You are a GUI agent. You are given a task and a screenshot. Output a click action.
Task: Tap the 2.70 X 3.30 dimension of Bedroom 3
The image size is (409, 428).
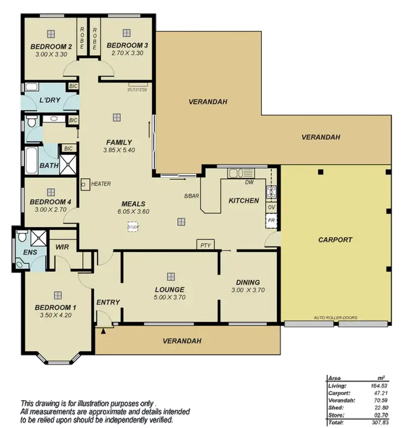tap(125, 53)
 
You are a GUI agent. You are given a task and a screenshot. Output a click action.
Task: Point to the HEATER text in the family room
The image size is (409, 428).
tap(101, 184)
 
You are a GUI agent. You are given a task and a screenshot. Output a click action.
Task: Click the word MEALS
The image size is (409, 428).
tap(133, 203)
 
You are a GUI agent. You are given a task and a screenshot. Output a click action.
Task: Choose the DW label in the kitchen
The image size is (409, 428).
tap(249, 182)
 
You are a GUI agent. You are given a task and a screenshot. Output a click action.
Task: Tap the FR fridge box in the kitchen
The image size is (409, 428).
tap(271, 220)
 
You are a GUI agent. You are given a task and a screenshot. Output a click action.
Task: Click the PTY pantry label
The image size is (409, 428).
tap(205, 245)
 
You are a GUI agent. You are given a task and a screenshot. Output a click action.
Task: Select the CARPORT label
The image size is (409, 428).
tap(335, 239)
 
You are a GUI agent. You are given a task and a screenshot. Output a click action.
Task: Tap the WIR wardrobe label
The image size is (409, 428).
tap(62, 246)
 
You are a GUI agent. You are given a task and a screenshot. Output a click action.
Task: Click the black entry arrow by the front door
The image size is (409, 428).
tap(103, 330)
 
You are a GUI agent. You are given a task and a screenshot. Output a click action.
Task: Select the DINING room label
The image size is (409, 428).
tap(248, 282)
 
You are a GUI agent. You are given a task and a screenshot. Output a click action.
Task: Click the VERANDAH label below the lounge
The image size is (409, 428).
tap(182, 341)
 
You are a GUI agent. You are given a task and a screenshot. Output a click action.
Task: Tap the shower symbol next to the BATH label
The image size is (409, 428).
tap(69, 162)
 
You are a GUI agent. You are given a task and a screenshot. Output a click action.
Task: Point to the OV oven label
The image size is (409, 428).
tap(271, 207)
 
